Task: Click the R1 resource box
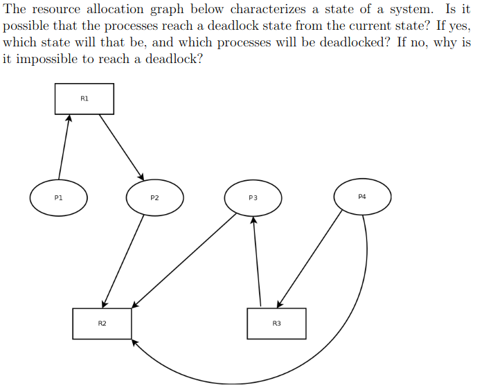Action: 84,98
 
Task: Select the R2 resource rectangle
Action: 102,323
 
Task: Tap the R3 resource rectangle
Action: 276,323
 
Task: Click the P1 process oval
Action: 59,197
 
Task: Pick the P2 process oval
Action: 154,197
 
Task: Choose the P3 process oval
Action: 253,197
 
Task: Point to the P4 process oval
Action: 362,197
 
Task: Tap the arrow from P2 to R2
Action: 123,260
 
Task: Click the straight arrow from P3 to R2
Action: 185,260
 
